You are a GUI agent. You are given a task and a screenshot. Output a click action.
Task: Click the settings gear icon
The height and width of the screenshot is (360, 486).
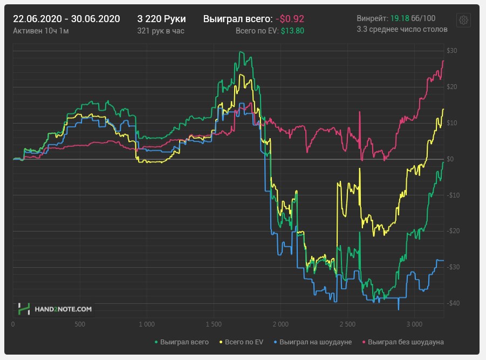463,20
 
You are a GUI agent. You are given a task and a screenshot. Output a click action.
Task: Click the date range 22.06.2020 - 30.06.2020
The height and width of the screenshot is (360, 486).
66,19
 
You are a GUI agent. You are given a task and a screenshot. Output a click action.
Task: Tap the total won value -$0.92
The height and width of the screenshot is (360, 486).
290,19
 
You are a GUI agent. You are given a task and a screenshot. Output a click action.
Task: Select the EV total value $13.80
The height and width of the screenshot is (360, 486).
292,31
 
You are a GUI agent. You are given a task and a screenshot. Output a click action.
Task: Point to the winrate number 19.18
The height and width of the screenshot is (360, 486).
399,18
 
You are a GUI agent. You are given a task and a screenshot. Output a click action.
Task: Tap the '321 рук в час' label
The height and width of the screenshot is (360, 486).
161,31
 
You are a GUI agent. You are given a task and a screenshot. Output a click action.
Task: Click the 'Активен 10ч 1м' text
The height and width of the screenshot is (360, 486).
40,31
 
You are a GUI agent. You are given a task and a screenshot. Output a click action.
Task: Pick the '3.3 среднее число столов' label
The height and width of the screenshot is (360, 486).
402,29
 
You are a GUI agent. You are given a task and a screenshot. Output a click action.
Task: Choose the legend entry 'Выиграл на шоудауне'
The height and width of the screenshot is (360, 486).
316,342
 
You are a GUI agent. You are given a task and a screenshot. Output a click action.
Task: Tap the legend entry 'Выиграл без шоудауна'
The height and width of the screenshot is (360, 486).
406,342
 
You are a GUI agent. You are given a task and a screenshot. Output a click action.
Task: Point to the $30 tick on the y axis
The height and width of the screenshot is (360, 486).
451,51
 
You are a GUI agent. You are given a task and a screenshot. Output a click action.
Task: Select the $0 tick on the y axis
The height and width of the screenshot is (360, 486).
449,159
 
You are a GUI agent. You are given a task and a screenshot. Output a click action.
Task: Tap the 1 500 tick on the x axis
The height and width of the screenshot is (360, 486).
213,325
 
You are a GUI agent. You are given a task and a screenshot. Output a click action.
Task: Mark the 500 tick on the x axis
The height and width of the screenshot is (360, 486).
79,325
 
